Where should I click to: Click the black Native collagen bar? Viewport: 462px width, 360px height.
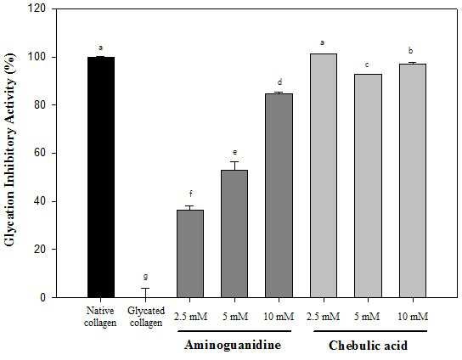coord(101,177)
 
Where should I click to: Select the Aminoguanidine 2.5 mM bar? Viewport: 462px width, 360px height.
coord(190,254)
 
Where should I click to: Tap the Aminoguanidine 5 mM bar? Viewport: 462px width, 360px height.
coord(234,233)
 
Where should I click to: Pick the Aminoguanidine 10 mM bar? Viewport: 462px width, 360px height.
coord(279,195)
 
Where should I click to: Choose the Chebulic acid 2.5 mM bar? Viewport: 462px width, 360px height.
coord(324,176)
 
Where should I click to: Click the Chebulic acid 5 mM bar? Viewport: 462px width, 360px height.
coord(368,186)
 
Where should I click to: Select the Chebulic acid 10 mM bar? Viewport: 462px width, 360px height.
coord(413,181)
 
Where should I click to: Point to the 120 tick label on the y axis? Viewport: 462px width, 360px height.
coord(37,8)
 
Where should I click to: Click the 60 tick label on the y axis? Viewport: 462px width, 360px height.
coord(41,153)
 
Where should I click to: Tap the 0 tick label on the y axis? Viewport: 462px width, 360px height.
coord(43,297)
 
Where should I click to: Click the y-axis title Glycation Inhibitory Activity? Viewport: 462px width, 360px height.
coord(9,149)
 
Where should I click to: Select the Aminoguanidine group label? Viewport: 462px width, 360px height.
coord(233,345)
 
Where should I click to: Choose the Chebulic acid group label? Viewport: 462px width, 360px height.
coord(368,346)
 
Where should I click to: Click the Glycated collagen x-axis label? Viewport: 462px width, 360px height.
coord(146,317)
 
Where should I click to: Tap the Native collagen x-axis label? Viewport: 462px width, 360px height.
coord(100,317)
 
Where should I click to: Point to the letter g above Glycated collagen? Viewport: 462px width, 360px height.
coord(145,277)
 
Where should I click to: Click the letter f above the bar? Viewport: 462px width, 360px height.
coord(190,194)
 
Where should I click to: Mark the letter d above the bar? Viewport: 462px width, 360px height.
coord(280,82)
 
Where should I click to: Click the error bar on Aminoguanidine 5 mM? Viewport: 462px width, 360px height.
coord(234,166)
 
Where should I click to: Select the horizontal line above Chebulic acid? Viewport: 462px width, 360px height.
coord(370,331)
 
